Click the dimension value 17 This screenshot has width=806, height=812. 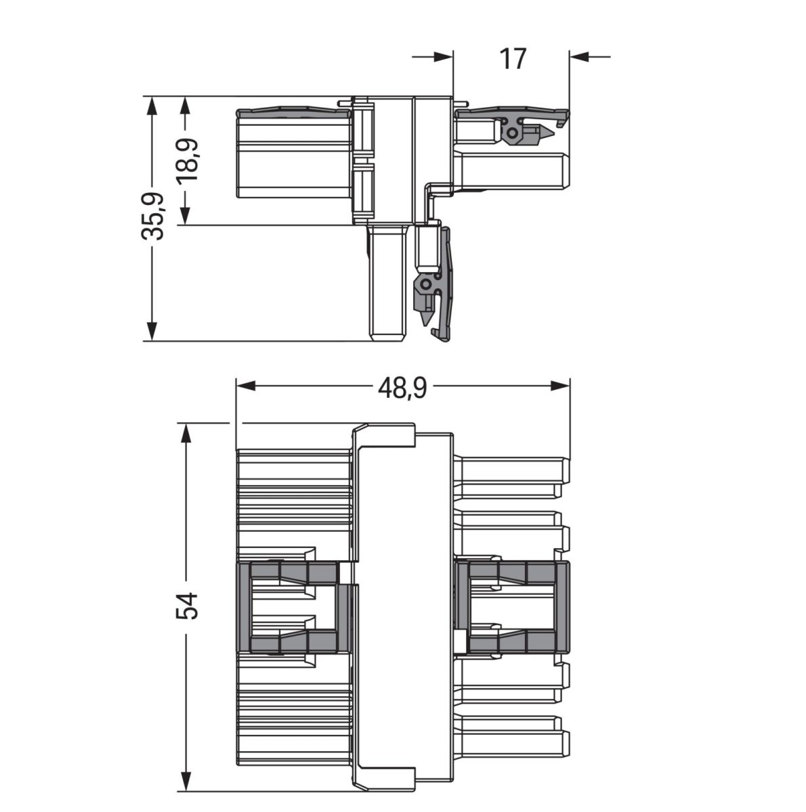coord(513,59)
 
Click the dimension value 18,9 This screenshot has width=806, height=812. coord(186,160)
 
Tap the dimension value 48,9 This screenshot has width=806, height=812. coord(402,387)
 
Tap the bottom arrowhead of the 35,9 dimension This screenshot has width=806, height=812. coord(152,332)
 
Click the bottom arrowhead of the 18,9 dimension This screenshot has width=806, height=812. coord(186,216)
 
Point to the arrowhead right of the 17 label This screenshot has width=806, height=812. coord(580,57)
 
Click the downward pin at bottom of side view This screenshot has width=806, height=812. coord(387,284)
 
